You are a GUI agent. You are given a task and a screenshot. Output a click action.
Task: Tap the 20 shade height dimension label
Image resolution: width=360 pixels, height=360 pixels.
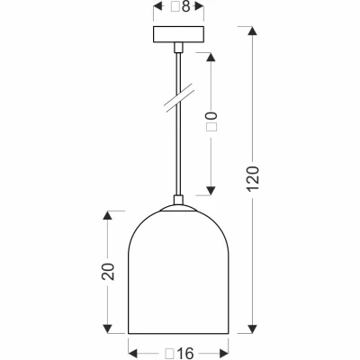(107, 272)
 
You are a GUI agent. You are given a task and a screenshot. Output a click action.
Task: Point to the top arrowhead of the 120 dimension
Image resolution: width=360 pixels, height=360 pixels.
(252, 33)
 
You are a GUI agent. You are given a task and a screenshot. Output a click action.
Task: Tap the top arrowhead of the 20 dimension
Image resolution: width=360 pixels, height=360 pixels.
(107, 217)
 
